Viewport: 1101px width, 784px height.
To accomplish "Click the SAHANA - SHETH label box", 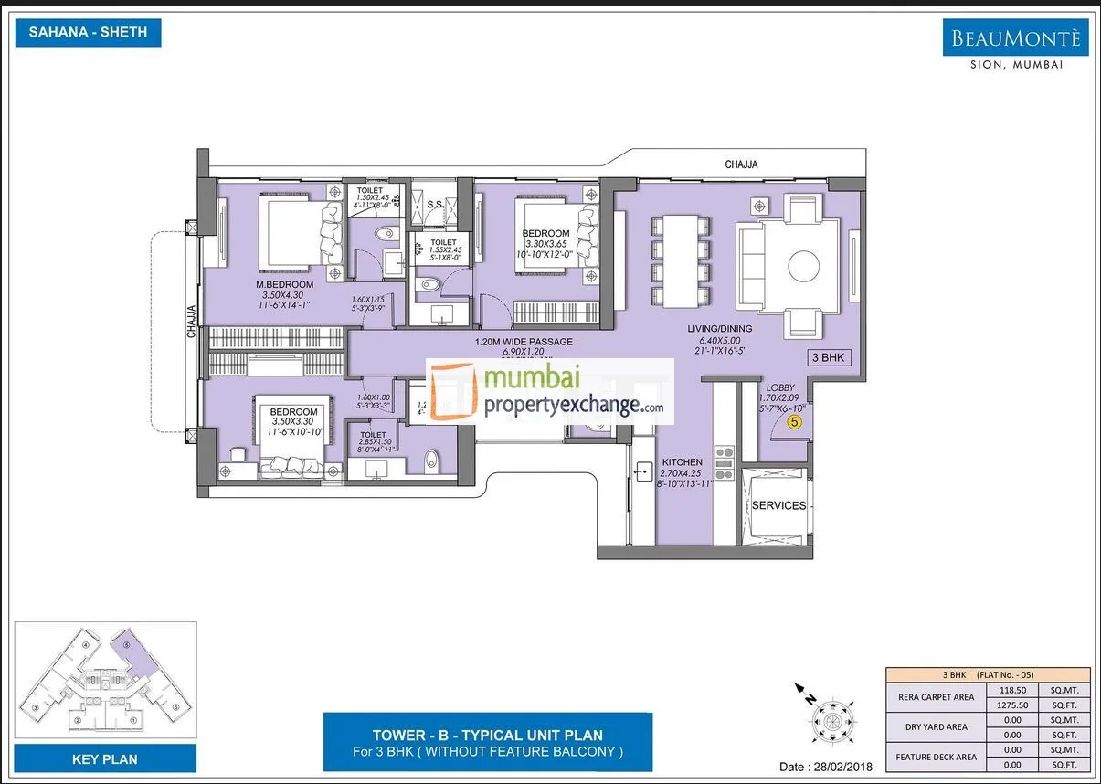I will [x=89, y=33].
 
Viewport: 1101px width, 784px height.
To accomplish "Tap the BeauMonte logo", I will [x=1015, y=38].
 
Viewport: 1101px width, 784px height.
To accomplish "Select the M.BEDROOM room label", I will [x=284, y=285].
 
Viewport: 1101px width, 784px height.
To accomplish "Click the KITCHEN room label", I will [x=682, y=462].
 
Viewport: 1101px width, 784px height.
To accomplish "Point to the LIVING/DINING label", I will [x=720, y=329].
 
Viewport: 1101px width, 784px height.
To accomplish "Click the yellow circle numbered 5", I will [x=795, y=422].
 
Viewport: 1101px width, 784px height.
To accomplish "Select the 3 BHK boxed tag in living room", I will [x=829, y=357].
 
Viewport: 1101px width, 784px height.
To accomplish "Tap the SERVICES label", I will [x=778, y=505].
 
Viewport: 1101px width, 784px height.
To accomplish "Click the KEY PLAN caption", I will [x=105, y=758].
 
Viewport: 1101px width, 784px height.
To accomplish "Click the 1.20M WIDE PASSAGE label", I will [x=524, y=343].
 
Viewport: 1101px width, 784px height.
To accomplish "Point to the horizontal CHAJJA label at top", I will [x=741, y=164].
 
